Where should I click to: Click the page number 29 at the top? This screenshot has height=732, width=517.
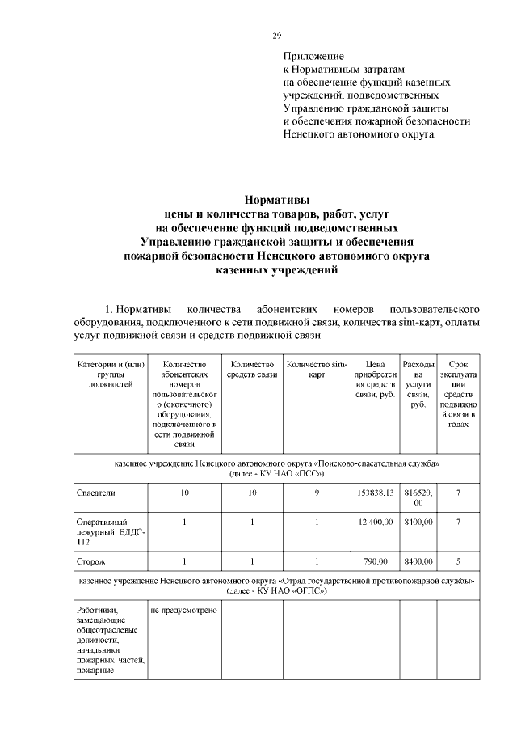point(276,36)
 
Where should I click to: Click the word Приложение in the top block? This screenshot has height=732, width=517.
point(313,57)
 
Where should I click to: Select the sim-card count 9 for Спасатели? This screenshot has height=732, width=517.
point(317,492)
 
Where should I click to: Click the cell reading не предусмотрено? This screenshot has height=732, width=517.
point(183,609)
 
